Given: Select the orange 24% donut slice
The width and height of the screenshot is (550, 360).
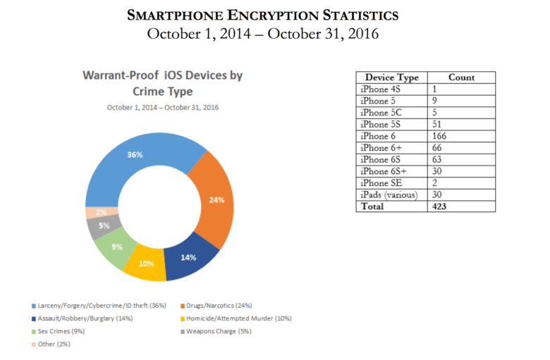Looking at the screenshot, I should (215, 201).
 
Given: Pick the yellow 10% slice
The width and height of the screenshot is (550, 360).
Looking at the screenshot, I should (146, 264).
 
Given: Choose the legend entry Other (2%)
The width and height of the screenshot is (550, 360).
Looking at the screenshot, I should (54, 344).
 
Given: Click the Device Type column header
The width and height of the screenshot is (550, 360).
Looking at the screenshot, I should (391, 77).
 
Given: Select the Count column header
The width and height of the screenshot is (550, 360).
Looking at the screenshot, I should (461, 77).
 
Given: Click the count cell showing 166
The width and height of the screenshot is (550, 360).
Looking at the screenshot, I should (439, 136).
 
